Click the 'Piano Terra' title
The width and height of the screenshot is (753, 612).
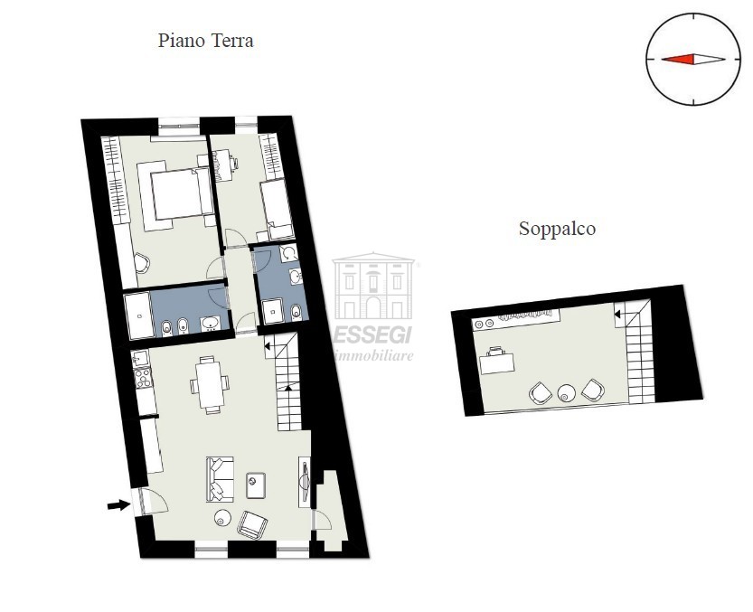pyautogui.click(x=205, y=41)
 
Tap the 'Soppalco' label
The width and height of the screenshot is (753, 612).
pyautogui.click(x=557, y=229)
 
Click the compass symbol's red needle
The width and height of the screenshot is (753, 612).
pyautogui.click(x=679, y=60)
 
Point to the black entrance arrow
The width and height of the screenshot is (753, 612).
pyautogui.click(x=118, y=505)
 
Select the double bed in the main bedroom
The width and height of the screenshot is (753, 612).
pyautogui.click(x=174, y=193)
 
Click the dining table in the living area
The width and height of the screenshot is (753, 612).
pyautogui.click(x=210, y=384)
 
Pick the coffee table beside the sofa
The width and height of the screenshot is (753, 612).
pyautogui.click(x=256, y=485)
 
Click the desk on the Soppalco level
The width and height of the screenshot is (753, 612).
pyautogui.click(x=497, y=361)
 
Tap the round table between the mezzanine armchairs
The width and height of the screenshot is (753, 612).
pyautogui.click(x=567, y=393)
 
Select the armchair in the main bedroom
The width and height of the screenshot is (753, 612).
pyautogui.click(x=142, y=264)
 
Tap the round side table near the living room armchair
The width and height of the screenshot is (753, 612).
pyautogui.click(x=222, y=518)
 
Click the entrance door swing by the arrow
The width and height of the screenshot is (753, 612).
pyautogui.click(x=149, y=500)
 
